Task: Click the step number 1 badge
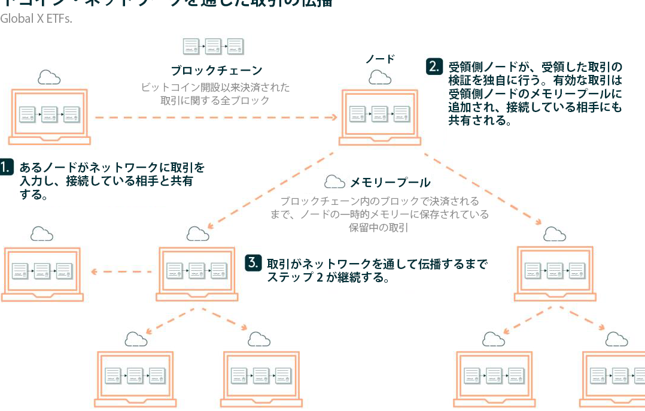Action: pos(6,167)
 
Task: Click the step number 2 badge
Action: pos(434,66)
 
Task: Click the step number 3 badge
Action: pos(253,262)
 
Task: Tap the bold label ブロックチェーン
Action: pos(216,71)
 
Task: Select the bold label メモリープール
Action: pos(390,182)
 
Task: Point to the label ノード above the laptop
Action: pos(380,59)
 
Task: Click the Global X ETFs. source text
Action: pos(36,19)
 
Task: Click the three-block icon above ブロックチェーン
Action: pos(214,46)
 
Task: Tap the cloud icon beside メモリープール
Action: pos(334,182)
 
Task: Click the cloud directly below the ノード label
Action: pos(379,77)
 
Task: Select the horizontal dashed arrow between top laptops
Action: pos(215,117)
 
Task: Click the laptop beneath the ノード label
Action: pos(380,117)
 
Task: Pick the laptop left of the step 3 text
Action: pos(197,273)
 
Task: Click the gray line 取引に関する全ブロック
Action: pos(215,101)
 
